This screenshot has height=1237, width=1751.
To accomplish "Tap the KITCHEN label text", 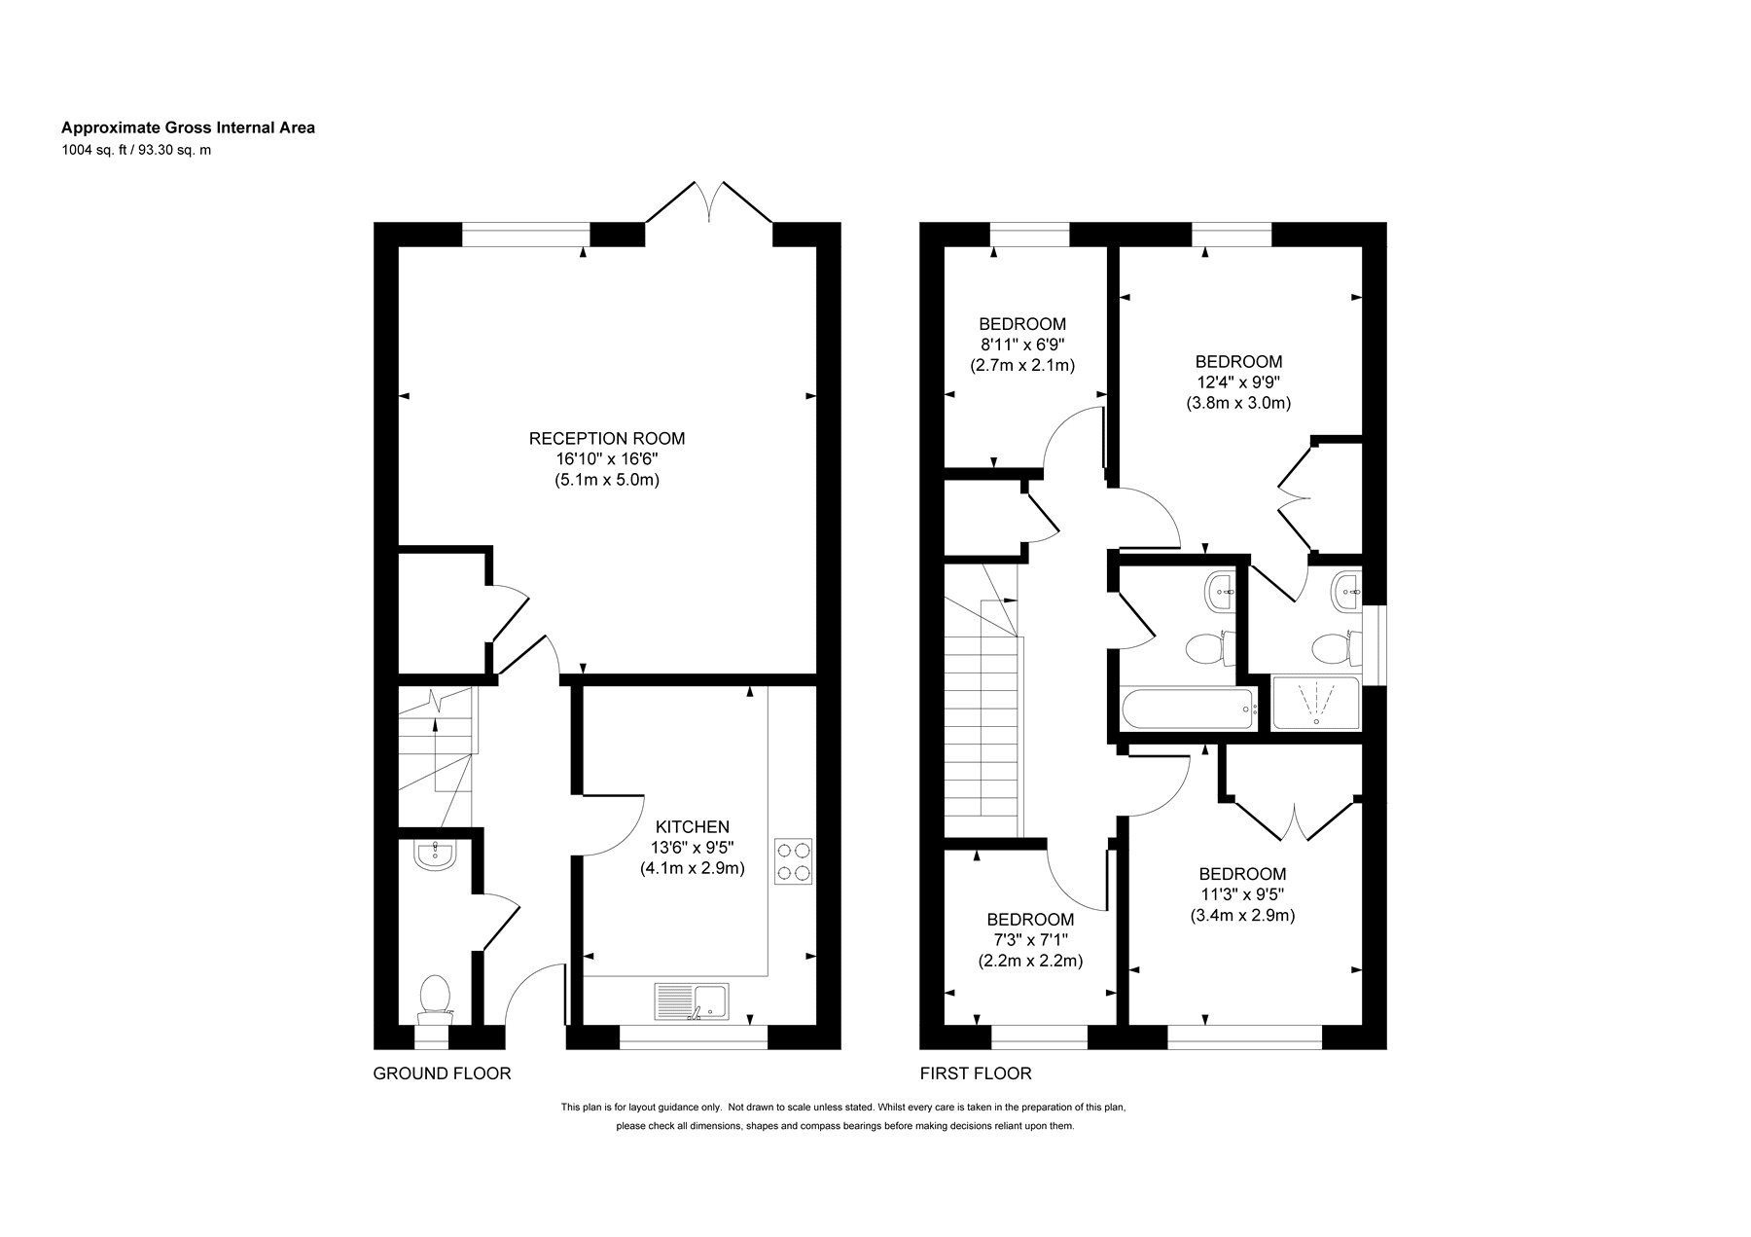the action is pos(692,827).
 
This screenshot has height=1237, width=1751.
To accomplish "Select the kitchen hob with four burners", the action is pos(793,861).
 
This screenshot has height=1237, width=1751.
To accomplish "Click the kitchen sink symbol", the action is pos(692,1001).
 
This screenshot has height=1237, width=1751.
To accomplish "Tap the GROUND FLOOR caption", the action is pos(443,1073).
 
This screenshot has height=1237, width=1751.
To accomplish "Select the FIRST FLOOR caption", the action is pos(976,1073).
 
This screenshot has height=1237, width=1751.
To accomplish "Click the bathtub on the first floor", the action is pos(1189,709).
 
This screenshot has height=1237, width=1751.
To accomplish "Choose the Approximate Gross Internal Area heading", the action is pos(188,127).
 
